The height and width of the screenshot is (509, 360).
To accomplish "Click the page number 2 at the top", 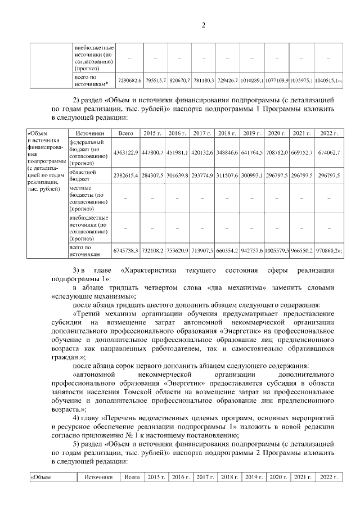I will point(204,25).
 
